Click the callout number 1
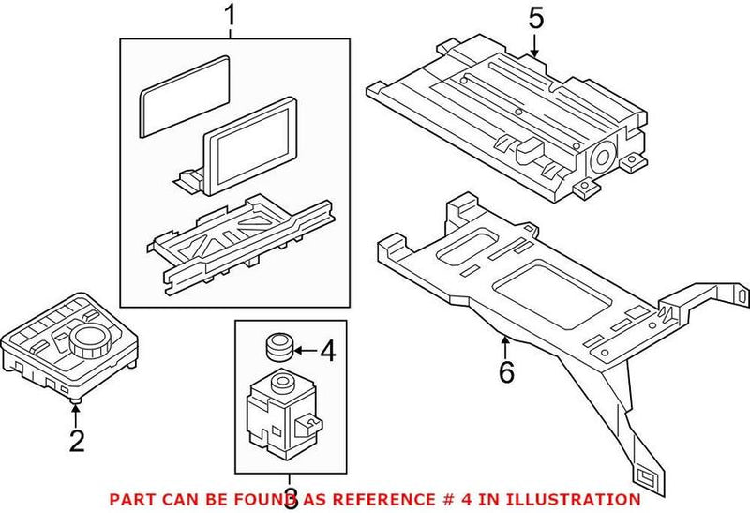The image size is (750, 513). [230, 17]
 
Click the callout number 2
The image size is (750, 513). [77, 439]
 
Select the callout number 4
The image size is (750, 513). [326, 353]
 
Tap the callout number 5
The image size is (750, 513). [534, 18]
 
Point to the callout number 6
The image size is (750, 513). [506, 371]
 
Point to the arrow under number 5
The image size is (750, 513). [534, 45]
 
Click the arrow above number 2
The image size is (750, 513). [76, 412]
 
